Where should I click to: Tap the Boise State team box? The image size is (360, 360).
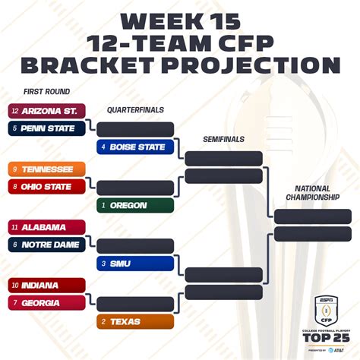tap(135, 147)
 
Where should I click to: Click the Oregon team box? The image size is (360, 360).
tap(135, 205)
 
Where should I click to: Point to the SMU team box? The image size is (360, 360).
tap(135, 264)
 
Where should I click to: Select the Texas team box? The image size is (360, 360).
tap(135, 322)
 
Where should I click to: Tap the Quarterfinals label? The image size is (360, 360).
tap(135, 110)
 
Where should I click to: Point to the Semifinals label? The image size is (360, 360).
tap(223, 140)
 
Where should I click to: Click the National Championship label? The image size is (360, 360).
tap(312, 193)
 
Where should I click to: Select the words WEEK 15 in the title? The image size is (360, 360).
tap(180, 20)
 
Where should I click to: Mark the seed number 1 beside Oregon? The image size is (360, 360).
tap(103, 205)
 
